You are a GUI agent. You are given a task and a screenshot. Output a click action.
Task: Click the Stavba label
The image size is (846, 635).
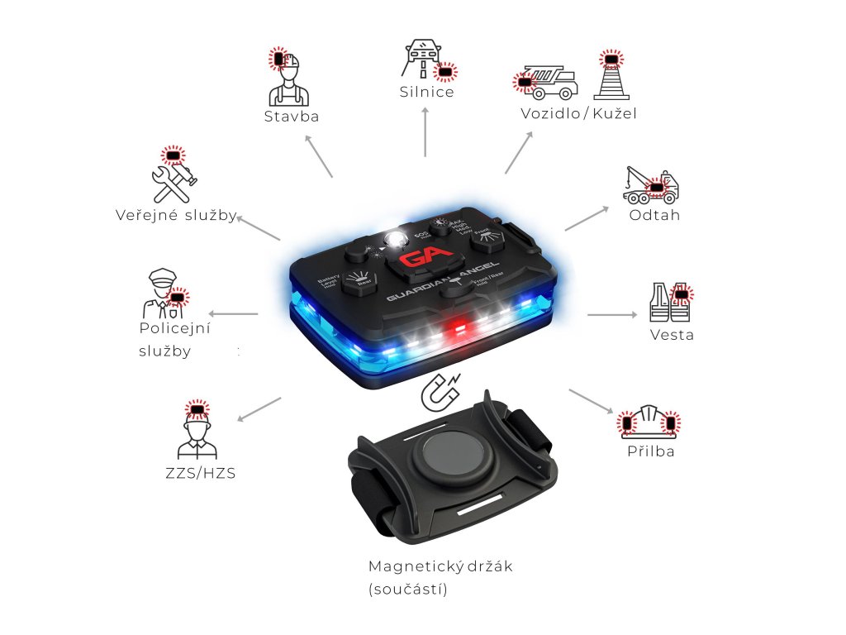tap(292, 117)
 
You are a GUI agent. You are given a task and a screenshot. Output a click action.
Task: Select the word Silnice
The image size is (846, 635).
tap(426, 92)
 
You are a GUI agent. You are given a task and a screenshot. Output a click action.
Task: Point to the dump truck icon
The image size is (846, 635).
tap(549, 83)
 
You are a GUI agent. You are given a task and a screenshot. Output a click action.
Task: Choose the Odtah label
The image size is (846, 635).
tap(654, 216)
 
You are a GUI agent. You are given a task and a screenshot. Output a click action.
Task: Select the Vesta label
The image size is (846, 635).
tap(672, 335)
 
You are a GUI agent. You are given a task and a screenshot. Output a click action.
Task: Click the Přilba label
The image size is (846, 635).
tap(650, 451)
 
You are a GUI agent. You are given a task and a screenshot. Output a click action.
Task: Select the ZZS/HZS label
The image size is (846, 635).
tap(200, 474)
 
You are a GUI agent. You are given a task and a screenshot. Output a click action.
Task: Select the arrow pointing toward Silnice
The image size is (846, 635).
tap(425, 132)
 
